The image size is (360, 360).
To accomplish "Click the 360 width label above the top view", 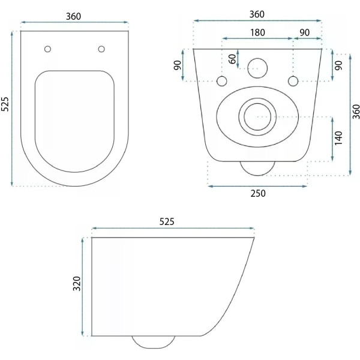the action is pyautogui.click(x=73, y=17).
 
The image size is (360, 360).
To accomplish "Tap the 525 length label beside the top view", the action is pyautogui.click(x=5, y=104).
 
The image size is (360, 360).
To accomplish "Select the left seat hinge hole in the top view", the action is pyautogui.click(x=47, y=49).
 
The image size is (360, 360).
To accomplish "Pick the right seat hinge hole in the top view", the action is pyautogui.click(x=101, y=49).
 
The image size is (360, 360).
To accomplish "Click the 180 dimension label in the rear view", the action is pyautogui.click(x=257, y=32).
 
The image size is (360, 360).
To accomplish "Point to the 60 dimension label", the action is pyautogui.click(x=233, y=59).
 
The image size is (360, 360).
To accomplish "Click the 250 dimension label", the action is pyautogui.click(x=258, y=194).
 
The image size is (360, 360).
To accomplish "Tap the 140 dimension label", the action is pyautogui.click(x=338, y=138).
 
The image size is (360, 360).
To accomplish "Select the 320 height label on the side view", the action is pyautogui.click(x=77, y=284).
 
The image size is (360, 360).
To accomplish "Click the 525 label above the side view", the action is pyautogui.click(x=167, y=221).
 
